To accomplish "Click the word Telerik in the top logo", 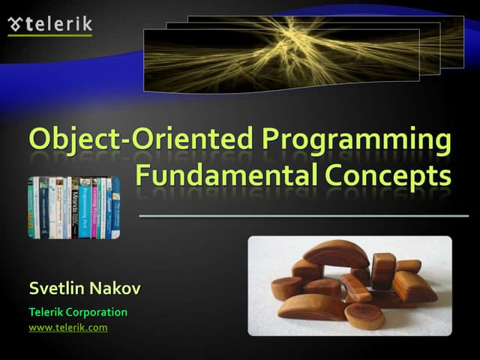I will pos(59,24).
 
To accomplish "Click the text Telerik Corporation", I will pos(78,312).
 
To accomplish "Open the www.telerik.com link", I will pos(68,328).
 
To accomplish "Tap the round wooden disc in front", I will pos(364,316).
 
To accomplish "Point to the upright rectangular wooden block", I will pos(383,269).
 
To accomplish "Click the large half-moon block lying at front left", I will pos(310,306).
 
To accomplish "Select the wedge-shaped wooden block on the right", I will pos(415,286).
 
